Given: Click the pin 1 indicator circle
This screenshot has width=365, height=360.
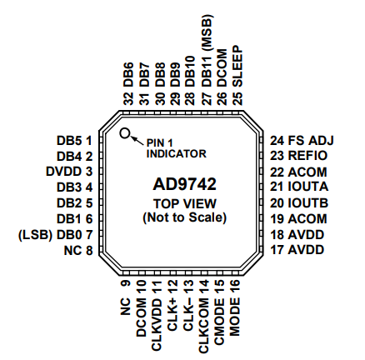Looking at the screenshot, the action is tap(125, 133).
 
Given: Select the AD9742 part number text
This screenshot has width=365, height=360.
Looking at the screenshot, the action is tap(184, 184).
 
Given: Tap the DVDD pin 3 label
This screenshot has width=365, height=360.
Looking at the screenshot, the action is tap(69, 172).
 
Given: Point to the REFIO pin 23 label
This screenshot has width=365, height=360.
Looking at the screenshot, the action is tap(299, 156).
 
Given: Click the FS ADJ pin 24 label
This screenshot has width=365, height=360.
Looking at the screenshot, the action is tap(302, 141).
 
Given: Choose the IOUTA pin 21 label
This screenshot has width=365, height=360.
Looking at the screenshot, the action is tap(299, 187).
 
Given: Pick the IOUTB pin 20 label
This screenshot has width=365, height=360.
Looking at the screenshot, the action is tap(299, 203).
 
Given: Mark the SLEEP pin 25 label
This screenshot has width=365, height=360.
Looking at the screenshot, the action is tap(237, 75).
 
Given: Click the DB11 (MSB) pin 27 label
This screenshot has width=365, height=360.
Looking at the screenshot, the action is tap(207, 59).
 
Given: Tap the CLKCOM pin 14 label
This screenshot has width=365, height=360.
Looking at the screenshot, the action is tap(203, 317).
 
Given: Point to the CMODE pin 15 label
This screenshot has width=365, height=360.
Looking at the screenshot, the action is tap(219, 312).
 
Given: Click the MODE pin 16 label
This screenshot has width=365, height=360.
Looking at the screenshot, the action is tap(235, 308).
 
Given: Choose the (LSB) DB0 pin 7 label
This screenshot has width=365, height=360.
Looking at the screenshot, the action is tap(55, 235).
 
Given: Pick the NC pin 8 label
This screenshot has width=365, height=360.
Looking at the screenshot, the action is tap(78, 251).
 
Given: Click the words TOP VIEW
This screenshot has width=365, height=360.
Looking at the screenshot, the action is tap(185, 204).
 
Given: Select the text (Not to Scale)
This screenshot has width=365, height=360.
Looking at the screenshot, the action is tap(185, 217).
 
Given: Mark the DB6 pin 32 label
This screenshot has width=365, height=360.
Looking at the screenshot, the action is tap(128, 84).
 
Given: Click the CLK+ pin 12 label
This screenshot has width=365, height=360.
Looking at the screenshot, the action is tap(172, 305).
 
